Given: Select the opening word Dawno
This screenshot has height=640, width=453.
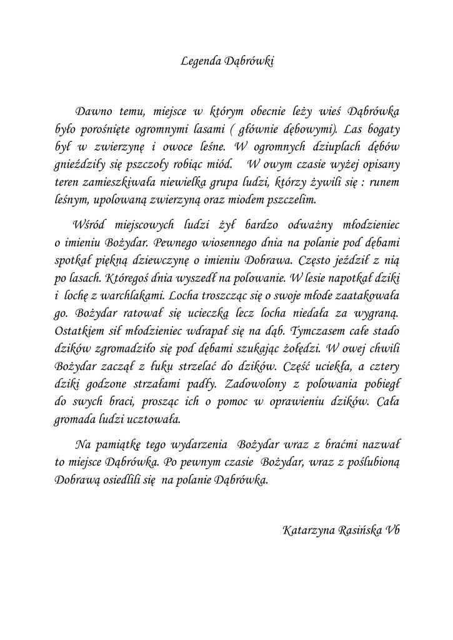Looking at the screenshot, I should click(94, 112).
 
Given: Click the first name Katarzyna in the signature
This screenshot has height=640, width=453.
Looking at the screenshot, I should click(310, 531).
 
